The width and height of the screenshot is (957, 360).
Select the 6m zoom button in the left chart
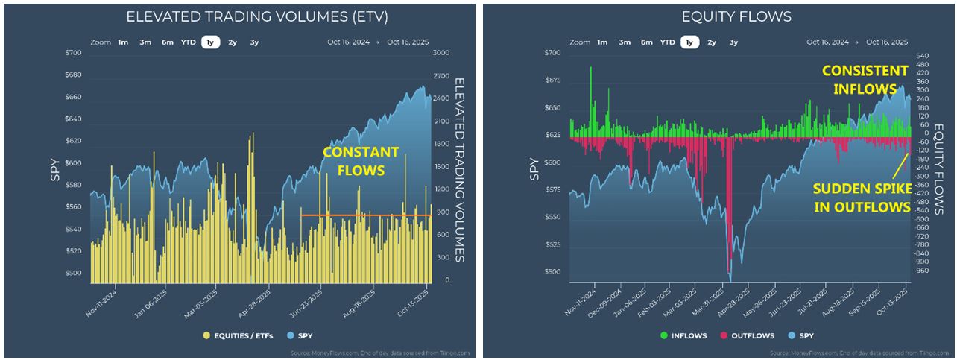coord(168,42)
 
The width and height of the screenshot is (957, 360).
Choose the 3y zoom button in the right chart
coord(733,42)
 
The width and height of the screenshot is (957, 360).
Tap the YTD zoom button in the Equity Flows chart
coord(667,42)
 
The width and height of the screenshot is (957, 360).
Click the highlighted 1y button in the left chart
coord(210,42)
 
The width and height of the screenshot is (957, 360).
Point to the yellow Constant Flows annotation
coord(361,161)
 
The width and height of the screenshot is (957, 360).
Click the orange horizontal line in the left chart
coord(365,215)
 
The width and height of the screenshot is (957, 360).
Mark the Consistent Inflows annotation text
coord(865,80)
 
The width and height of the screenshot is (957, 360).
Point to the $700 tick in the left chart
coord(73,53)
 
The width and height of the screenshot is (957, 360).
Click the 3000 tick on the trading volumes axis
coord(440,53)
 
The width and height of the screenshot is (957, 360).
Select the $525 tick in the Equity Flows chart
coord(552,245)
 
